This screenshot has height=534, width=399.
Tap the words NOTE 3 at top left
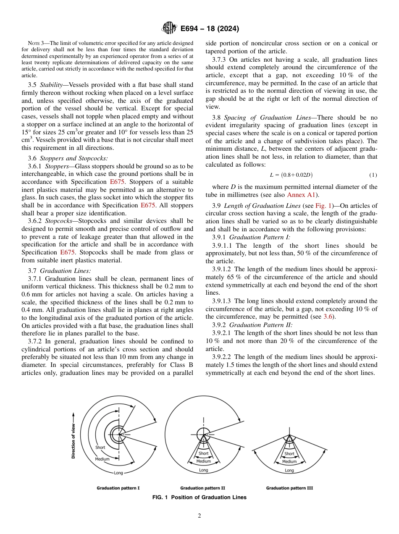(34, 43)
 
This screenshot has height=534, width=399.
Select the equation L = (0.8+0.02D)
(291, 175)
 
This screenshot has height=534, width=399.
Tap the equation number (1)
(373, 175)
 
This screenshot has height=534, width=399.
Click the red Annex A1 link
(301, 195)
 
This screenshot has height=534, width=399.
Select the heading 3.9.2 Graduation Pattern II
(252, 325)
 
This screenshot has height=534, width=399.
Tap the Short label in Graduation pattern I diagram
(100, 448)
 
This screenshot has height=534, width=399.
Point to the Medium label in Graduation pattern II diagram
(204, 461)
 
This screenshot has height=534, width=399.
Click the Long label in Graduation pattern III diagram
(289, 470)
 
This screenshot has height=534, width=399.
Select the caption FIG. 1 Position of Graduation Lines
(199, 497)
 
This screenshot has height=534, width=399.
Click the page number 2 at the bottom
(199, 516)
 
